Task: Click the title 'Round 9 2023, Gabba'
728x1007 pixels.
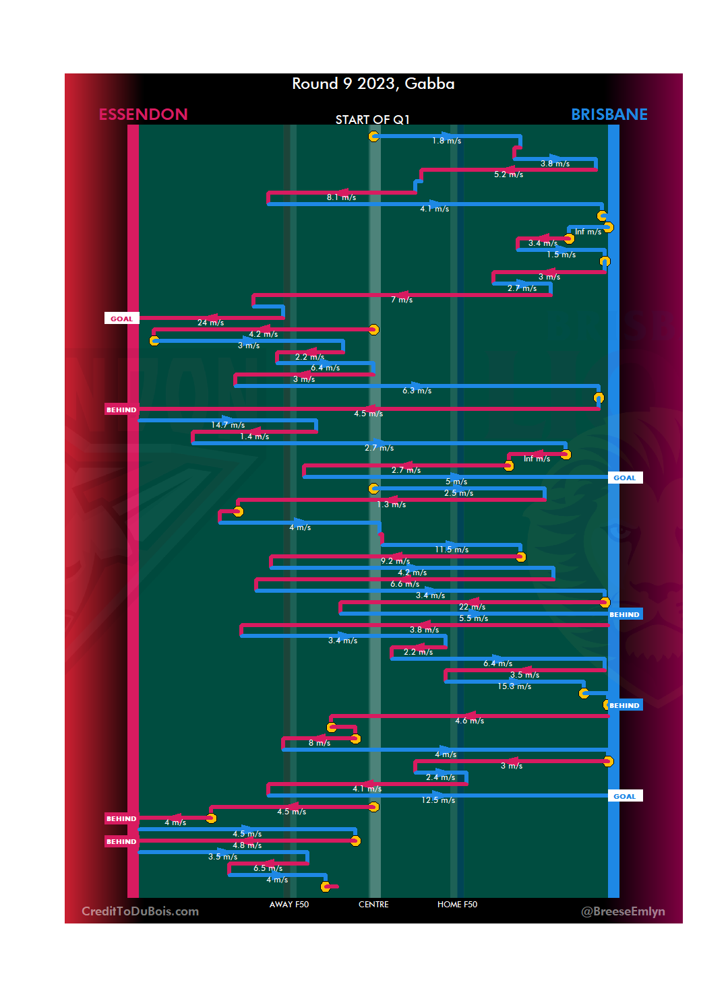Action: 373,84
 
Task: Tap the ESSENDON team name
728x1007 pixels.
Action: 143,115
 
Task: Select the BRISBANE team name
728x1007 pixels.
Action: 609,115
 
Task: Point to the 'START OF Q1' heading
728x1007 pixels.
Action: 372,120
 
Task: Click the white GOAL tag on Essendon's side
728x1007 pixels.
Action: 121,319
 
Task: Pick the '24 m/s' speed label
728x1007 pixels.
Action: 210,323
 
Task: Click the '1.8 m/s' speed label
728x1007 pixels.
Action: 446,141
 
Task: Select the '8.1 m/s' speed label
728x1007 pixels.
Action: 341,197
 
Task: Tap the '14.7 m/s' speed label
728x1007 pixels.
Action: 228,425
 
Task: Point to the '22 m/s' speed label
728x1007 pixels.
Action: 472,607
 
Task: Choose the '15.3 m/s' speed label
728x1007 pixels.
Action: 514,686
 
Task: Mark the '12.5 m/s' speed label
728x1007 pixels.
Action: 438,800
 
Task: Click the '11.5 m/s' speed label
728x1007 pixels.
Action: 452,550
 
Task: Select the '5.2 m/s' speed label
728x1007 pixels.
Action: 508,174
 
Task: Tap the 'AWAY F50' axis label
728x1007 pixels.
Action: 289,905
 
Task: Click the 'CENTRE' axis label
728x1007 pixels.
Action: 373,905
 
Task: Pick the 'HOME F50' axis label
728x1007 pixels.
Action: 457,905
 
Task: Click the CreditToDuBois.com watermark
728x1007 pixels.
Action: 140,911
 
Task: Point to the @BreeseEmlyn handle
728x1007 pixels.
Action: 623,911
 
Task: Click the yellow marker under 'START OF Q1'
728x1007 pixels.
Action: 374,136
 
